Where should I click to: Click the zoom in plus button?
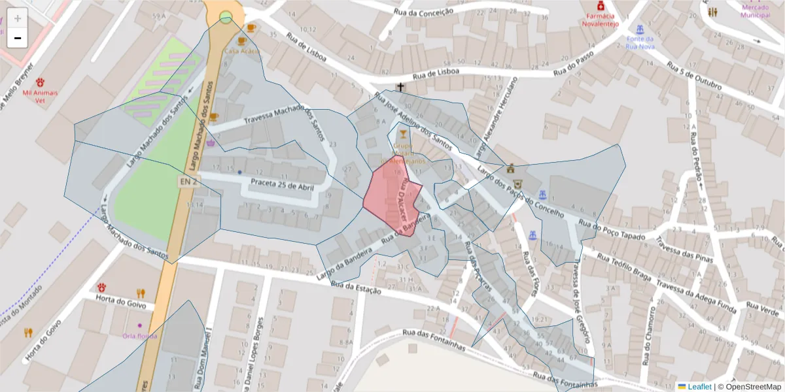click(17, 18)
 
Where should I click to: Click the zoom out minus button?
click(17, 38)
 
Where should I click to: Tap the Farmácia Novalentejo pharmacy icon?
click(601, 6)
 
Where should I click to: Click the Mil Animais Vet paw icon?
click(41, 82)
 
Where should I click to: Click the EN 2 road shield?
click(187, 182)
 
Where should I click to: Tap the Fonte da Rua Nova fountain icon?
click(640, 30)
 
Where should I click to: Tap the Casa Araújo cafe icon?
click(251, 29)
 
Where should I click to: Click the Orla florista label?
click(140, 336)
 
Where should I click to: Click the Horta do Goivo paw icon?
click(102, 287)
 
